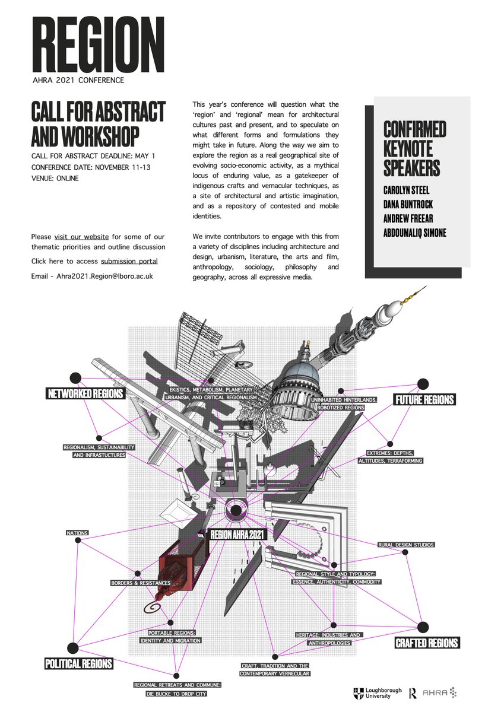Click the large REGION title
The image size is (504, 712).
pos(97,46)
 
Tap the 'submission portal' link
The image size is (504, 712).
pos(129,261)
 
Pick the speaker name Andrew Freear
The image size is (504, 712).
pos(410,219)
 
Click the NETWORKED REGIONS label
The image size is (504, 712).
pos(85,393)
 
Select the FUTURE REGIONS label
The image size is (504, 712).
pos(424,399)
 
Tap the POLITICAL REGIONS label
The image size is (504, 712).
pos(78,663)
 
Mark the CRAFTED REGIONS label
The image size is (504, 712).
pos(427,643)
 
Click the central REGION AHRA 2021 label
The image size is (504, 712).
pos(238,535)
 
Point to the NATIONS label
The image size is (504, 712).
pos(77,533)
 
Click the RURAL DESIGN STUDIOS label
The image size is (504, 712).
pos(406,545)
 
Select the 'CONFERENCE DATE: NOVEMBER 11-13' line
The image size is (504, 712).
pos(91,167)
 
